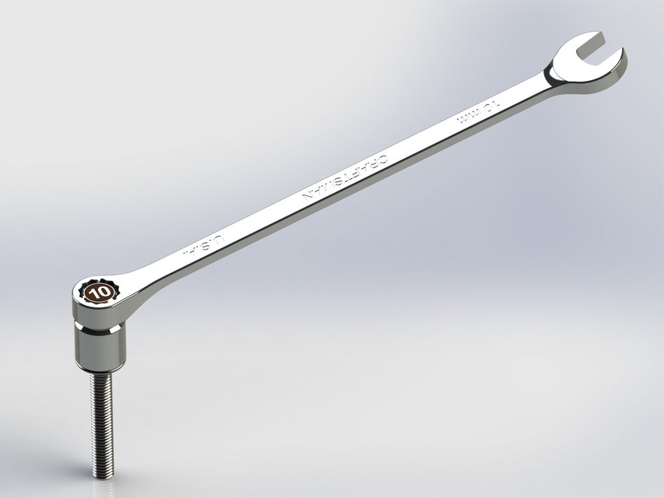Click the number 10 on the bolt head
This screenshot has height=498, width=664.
(x=100, y=293)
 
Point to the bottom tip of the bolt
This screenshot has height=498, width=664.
(x=103, y=475)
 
